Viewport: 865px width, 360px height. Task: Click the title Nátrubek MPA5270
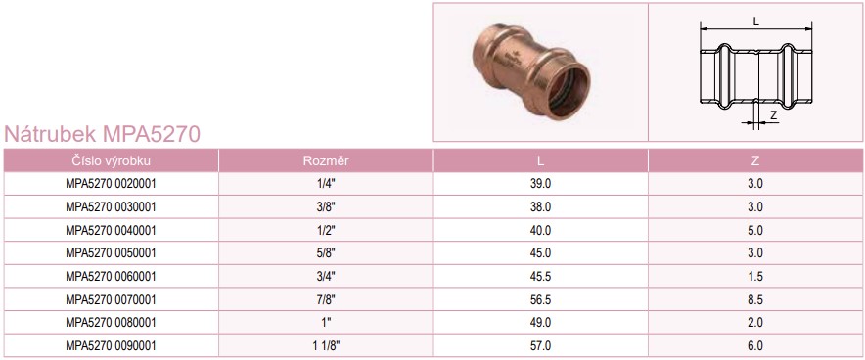[x=102, y=134]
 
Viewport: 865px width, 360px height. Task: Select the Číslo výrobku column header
[x=111, y=161]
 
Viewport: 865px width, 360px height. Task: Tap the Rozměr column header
[x=326, y=161]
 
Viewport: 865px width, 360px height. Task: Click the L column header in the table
[x=540, y=161]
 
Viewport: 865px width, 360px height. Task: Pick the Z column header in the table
[x=755, y=161]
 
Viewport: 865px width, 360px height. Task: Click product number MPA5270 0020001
[x=111, y=184]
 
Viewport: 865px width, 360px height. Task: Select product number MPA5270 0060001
[x=111, y=276]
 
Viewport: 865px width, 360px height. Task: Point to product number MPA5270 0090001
[x=111, y=346]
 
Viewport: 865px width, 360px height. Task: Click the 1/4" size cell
[x=326, y=184]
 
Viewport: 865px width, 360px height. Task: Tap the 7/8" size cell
[x=326, y=300]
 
